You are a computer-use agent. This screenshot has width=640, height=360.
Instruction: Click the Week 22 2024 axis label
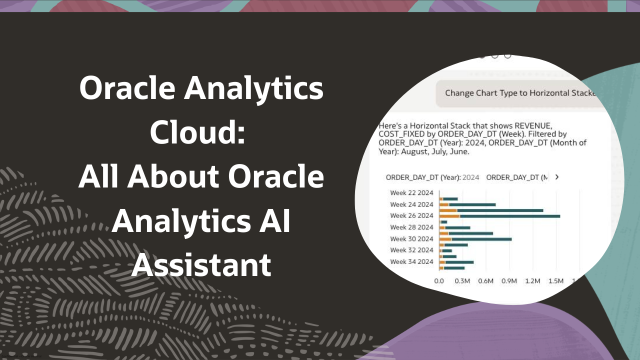click(411, 193)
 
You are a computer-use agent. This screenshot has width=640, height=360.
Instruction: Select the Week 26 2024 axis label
click(411, 215)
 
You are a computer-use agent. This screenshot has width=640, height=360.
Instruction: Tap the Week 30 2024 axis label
click(411, 238)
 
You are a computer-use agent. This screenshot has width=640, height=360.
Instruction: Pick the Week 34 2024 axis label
click(411, 261)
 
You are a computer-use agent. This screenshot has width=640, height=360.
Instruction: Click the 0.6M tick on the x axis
click(485, 281)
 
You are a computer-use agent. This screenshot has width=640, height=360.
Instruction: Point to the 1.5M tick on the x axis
click(555, 281)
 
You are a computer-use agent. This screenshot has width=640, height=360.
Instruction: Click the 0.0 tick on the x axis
click(439, 281)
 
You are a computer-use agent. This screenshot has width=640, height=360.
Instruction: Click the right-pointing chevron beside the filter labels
click(557, 177)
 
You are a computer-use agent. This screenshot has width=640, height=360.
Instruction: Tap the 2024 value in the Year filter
click(471, 177)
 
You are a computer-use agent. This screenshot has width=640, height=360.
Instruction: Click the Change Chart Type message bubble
click(517, 93)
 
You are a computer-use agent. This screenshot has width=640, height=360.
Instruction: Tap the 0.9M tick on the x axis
click(509, 281)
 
